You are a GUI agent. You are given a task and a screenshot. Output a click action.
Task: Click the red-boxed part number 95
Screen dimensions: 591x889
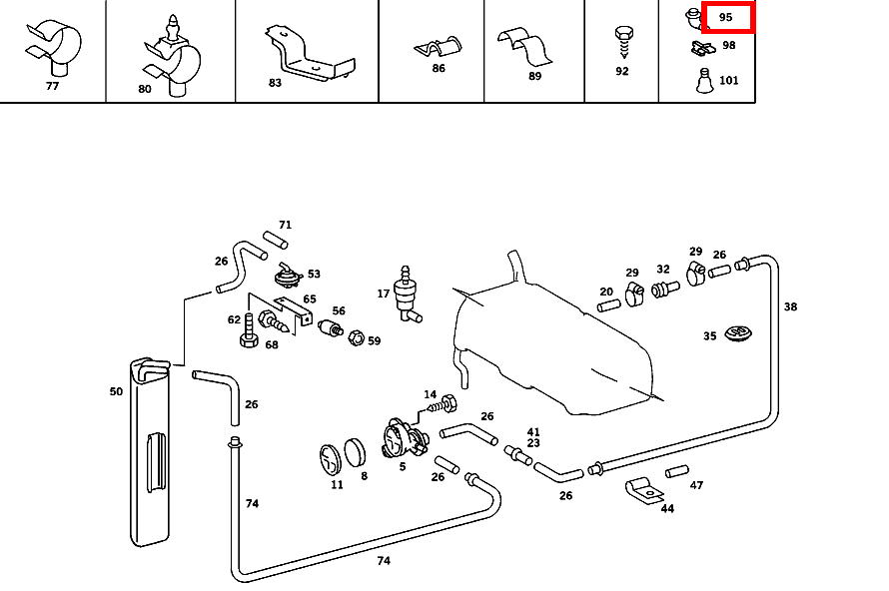point(726,17)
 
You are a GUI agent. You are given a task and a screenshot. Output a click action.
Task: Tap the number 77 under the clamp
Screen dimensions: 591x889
point(53,86)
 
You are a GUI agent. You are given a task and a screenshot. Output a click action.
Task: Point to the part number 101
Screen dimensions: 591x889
point(729,80)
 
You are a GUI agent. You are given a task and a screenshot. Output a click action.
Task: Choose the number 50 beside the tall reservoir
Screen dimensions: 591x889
point(116,391)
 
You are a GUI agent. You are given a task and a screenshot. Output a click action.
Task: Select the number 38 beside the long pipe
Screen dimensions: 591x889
point(790,306)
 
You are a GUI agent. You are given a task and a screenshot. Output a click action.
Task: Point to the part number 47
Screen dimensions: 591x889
point(696,485)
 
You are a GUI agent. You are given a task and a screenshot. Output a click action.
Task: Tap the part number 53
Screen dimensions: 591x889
point(314,274)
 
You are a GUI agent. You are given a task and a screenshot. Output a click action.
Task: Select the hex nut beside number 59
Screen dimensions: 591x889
point(354,338)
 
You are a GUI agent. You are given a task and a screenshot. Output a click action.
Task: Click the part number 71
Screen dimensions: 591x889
point(285,225)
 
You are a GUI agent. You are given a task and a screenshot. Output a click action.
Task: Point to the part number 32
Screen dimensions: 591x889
point(663,269)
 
